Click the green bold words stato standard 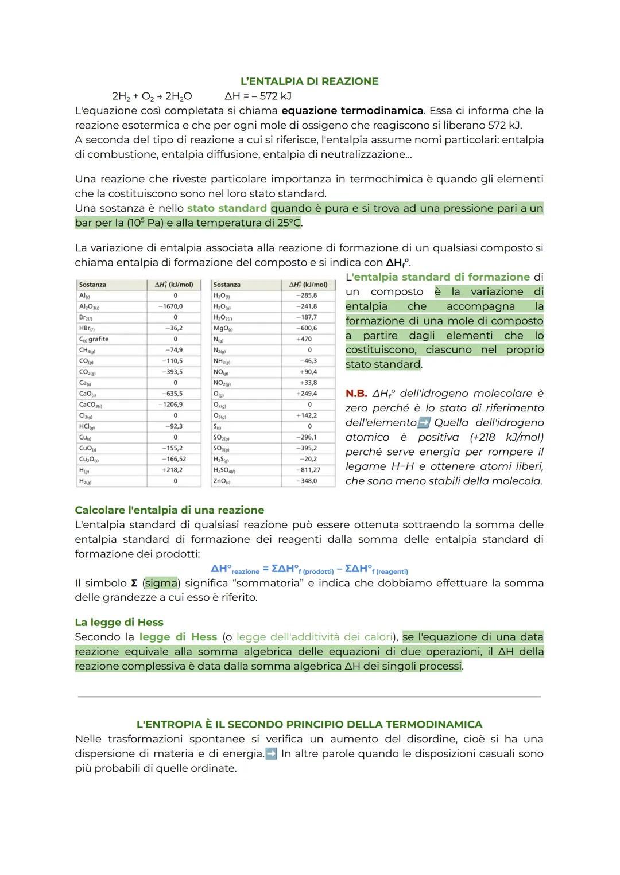point(227,208)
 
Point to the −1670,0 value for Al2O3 point(172,306)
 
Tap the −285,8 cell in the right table point(307,295)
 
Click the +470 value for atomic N point(304,339)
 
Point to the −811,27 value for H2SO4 point(308,470)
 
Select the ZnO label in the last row point(221,481)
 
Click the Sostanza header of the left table point(92,285)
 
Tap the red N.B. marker point(356,394)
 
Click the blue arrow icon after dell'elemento point(424,423)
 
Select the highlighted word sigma point(161,583)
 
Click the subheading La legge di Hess point(119,623)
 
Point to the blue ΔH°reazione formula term point(235,569)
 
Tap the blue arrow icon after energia point(271,753)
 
